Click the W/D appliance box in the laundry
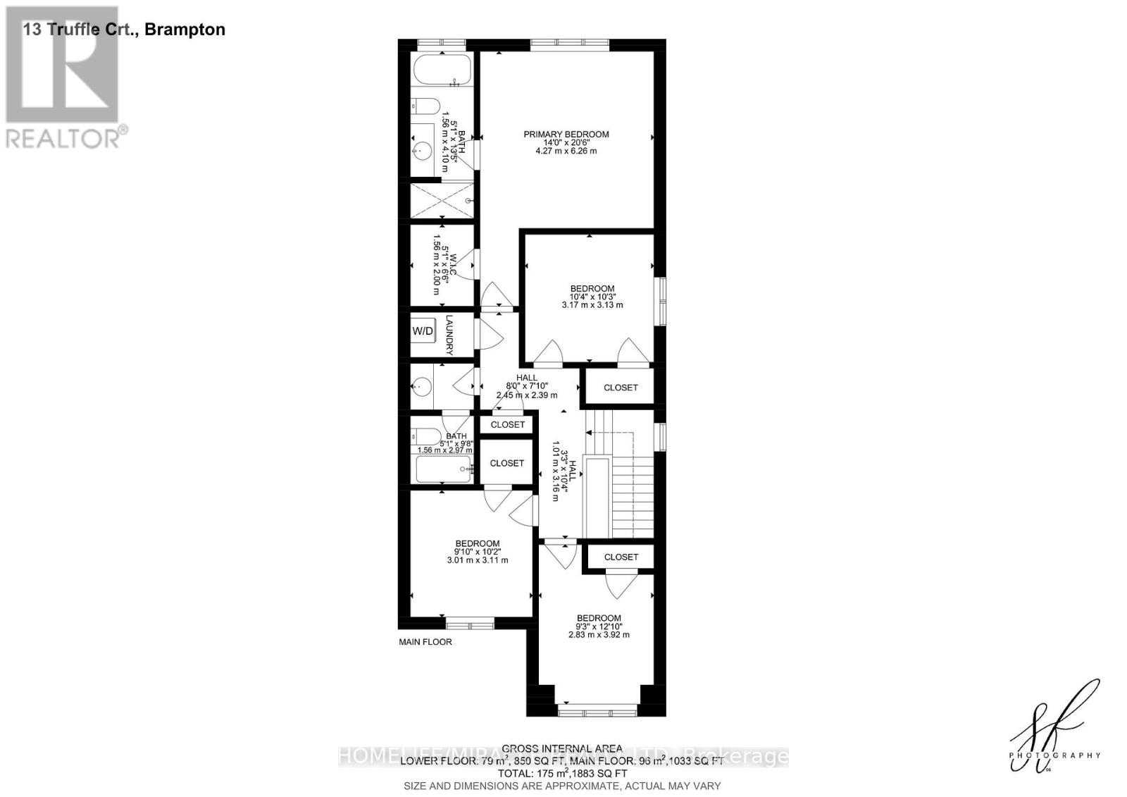tap(423, 330)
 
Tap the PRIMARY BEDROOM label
tap(566, 134)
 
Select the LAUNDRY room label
tap(449, 335)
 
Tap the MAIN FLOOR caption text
tap(425, 642)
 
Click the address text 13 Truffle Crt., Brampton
tap(124, 30)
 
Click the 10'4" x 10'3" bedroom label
tap(592, 297)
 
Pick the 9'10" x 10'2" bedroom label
tap(477, 552)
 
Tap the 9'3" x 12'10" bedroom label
tap(599, 626)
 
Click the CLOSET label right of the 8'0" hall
tap(621, 388)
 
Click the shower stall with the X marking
tap(442, 200)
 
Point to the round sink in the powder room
tap(421, 385)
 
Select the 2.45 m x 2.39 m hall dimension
tap(526, 395)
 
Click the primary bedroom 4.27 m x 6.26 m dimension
tap(566, 151)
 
